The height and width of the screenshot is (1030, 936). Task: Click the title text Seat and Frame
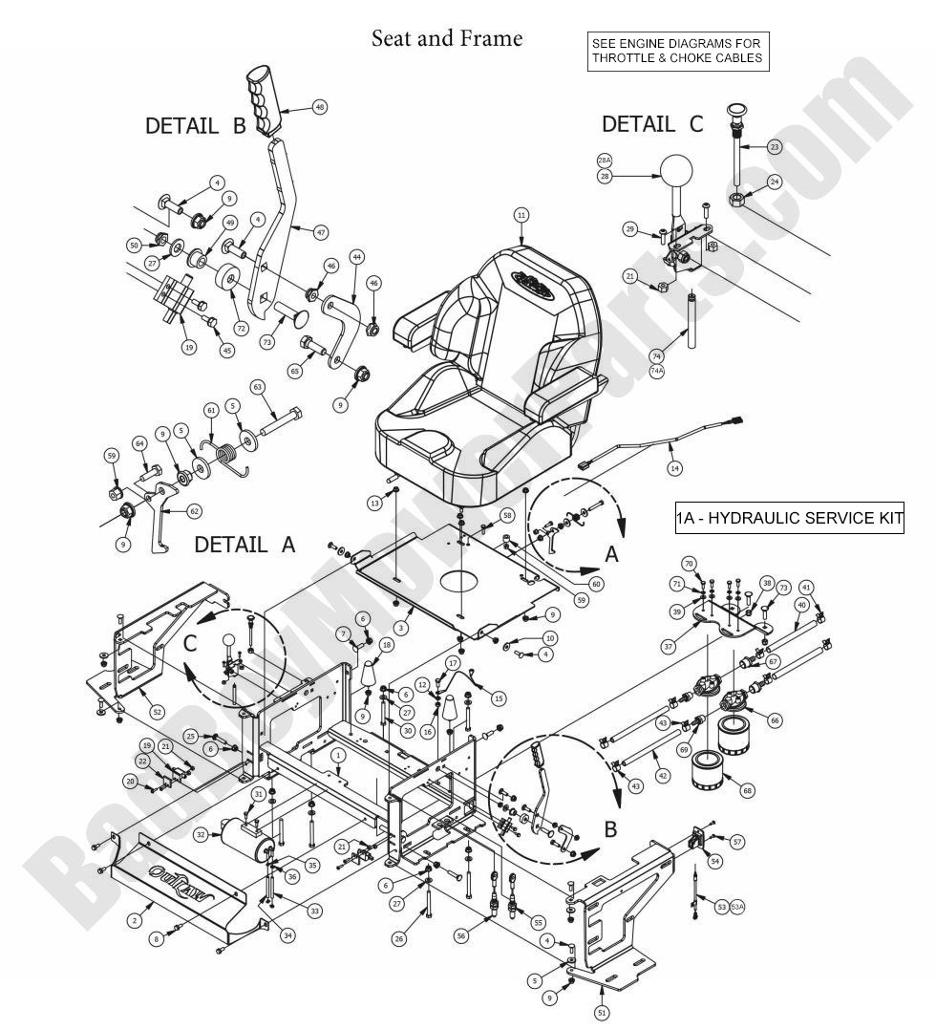click(x=447, y=38)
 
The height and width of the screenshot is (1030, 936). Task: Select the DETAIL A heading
click(x=245, y=545)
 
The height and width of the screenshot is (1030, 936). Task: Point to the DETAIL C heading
click(x=652, y=124)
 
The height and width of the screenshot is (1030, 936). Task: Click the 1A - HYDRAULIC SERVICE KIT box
click(x=788, y=519)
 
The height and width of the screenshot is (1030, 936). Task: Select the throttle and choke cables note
click(x=676, y=51)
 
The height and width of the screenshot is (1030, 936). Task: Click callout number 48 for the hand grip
click(x=319, y=108)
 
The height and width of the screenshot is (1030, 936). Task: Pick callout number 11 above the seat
click(x=521, y=215)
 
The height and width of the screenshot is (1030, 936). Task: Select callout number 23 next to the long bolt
click(x=774, y=146)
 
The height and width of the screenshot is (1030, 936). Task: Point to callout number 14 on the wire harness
click(x=674, y=469)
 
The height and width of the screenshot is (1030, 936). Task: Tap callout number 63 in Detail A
click(x=257, y=387)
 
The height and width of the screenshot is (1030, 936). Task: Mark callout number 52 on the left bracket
click(x=157, y=712)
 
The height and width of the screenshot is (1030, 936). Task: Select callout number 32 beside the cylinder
click(x=201, y=834)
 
